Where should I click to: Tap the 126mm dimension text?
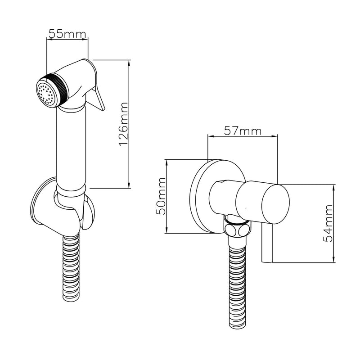(x=123, y=124)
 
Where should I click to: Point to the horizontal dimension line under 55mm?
(x=67, y=40)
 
